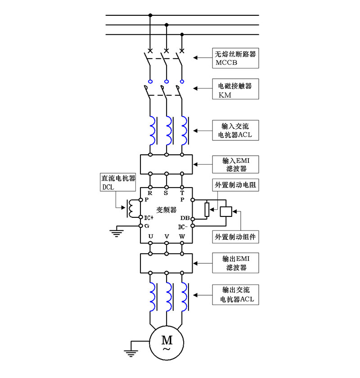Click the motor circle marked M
coord(166,343)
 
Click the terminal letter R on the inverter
coord(150,193)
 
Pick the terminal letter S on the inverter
coord(166,193)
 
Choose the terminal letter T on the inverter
coord(182,193)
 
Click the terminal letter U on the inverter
coord(150,235)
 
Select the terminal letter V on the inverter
coord(166,235)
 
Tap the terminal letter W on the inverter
coord(182,235)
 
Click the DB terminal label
coord(184,218)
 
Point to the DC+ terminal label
coord(149,218)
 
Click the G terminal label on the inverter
coord(147,226)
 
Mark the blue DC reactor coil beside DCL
coord(131,208)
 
